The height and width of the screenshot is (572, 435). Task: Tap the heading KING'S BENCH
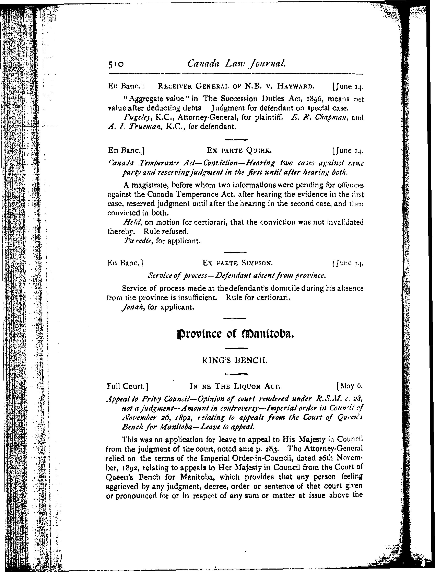coord(235,360)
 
